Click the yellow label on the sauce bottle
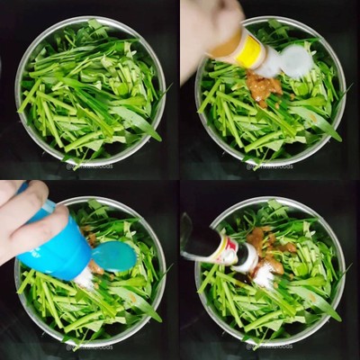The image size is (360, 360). [x=249, y=51]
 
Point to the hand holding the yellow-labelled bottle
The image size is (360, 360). [x=205, y=27]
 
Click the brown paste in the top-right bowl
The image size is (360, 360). [x=262, y=86]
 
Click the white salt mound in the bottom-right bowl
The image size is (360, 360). [x=264, y=274]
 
